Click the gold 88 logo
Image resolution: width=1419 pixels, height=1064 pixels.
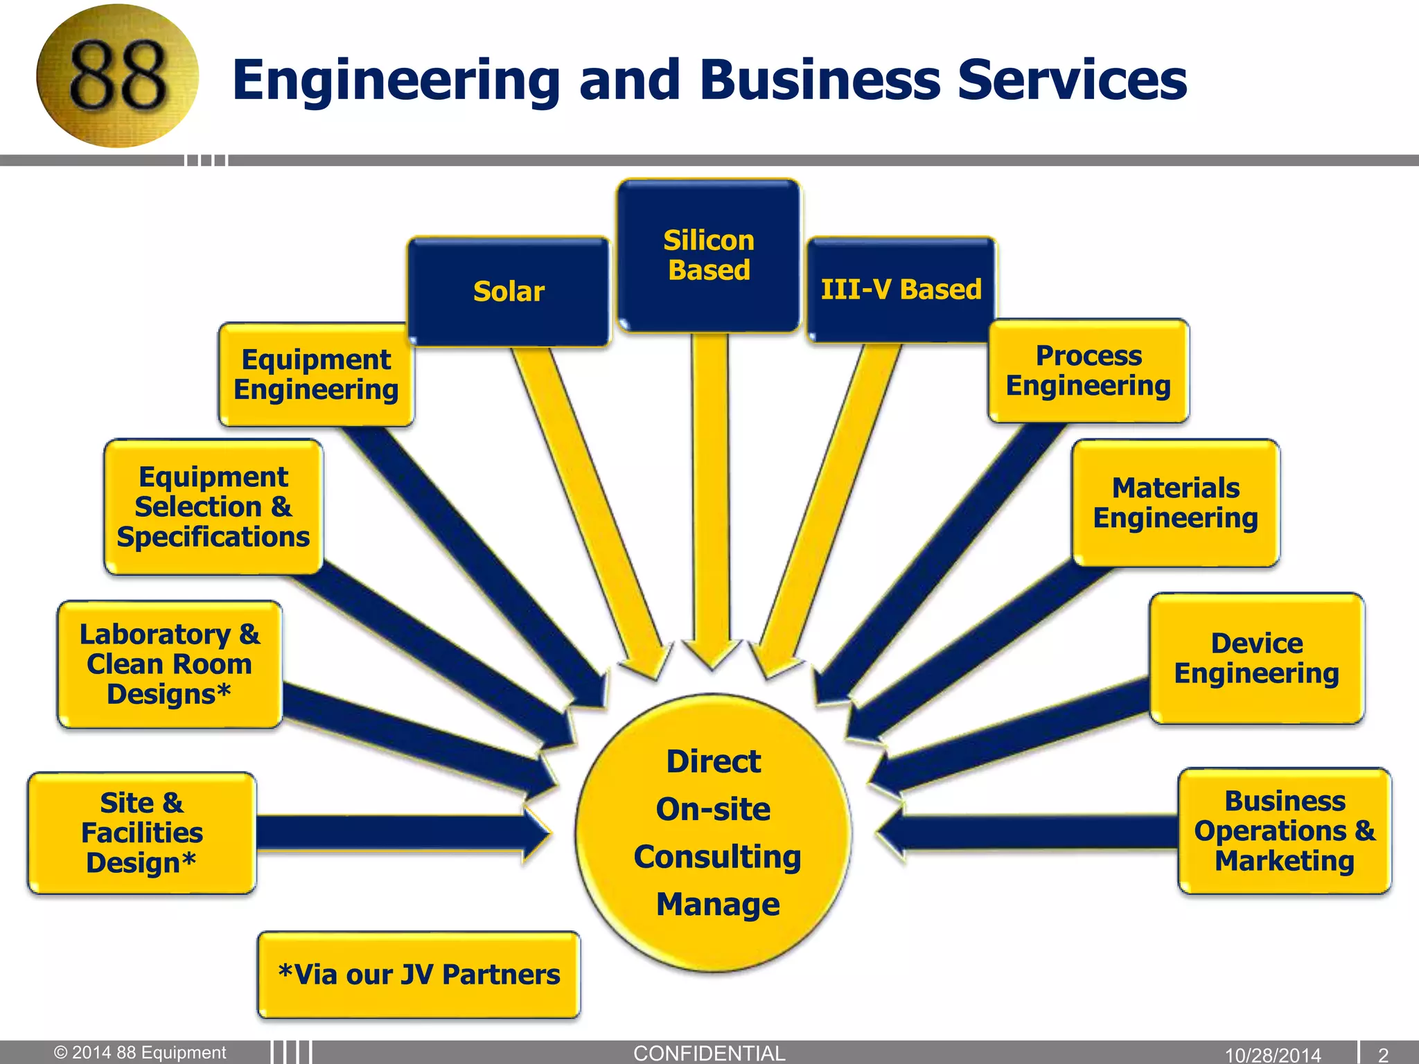point(117,76)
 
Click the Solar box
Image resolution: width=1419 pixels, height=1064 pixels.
point(509,291)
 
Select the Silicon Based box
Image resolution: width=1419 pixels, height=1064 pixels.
point(709,255)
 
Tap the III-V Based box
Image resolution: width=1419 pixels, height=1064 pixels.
point(901,290)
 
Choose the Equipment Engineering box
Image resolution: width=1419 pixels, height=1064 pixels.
point(316,375)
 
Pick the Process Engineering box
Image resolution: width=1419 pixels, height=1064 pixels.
point(1088,371)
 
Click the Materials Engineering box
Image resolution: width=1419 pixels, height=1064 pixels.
point(1175,503)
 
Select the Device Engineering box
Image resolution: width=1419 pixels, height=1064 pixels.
point(1256,658)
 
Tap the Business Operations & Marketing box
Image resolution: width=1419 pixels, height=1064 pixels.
point(1285,831)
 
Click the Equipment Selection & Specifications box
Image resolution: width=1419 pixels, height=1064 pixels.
point(213,507)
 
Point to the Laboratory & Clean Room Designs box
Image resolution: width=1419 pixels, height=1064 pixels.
point(170,664)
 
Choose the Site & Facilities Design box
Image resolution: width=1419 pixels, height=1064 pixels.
point(142,833)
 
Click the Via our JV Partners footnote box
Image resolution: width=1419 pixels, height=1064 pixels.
point(418,975)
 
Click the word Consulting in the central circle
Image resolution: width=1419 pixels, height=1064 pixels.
point(717,857)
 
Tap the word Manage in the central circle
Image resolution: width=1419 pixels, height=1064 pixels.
point(718,905)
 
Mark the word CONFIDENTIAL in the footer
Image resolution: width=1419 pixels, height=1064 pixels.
point(709,1053)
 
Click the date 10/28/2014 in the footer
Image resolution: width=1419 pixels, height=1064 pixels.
point(1273,1055)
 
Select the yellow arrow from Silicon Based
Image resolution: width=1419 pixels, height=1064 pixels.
point(711,499)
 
